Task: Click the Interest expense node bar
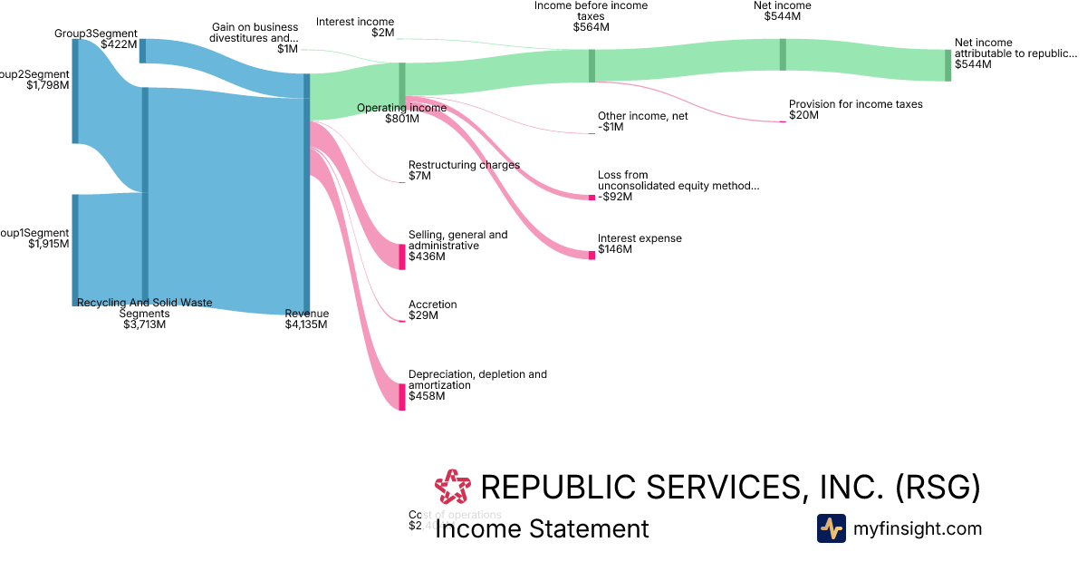tap(592, 255)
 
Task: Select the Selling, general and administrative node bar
tap(402, 256)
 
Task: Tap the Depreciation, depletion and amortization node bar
tap(402, 397)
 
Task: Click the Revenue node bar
tap(306, 194)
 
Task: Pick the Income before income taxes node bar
tap(592, 65)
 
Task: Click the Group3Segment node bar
tap(142, 51)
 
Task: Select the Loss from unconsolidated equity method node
tap(592, 197)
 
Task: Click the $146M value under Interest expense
tap(615, 249)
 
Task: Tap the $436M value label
tap(427, 256)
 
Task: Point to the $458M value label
tap(427, 396)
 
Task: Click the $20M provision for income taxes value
tap(803, 115)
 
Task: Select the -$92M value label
tap(616, 197)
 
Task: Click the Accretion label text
tap(433, 305)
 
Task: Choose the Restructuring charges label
tap(464, 165)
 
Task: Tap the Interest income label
tap(355, 22)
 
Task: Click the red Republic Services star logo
tap(453, 488)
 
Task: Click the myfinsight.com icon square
tap(832, 528)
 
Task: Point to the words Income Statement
tap(542, 529)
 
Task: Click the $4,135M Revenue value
tap(306, 324)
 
